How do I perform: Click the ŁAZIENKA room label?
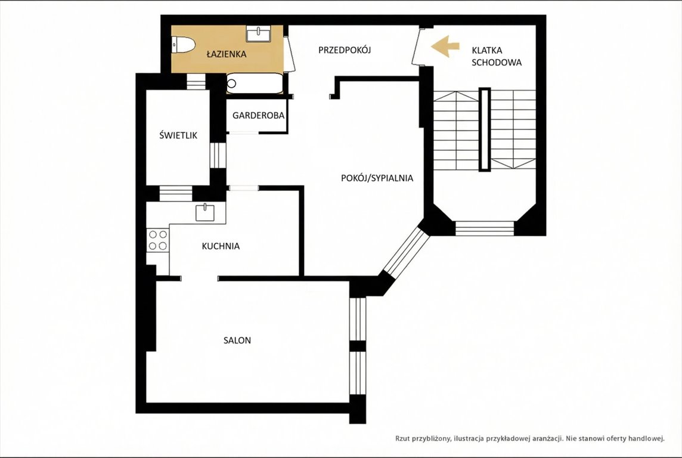click(x=226, y=54)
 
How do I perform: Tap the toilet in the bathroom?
click(x=183, y=45)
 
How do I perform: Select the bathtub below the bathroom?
click(x=255, y=83)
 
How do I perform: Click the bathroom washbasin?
click(x=258, y=33)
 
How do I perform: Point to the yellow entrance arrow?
click(x=445, y=47)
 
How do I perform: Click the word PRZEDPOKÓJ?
click(x=345, y=50)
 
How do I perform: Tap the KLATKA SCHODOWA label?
click(x=496, y=56)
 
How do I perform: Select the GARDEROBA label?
click(x=258, y=116)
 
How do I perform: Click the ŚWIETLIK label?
click(x=178, y=135)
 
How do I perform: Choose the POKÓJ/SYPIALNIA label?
click(x=377, y=178)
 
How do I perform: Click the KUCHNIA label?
click(x=221, y=246)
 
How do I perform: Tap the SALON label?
click(x=237, y=341)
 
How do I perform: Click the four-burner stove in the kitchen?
click(x=158, y=240)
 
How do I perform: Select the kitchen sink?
click(x=205, y=212)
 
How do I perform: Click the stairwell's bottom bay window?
click(x=485, y=228)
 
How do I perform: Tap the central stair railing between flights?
click(x=485, y=129)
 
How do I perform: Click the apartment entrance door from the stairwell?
click(x=418, y=47)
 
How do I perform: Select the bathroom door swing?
click(x=289, y=54)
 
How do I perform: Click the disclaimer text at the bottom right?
click(x=530, y=438)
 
